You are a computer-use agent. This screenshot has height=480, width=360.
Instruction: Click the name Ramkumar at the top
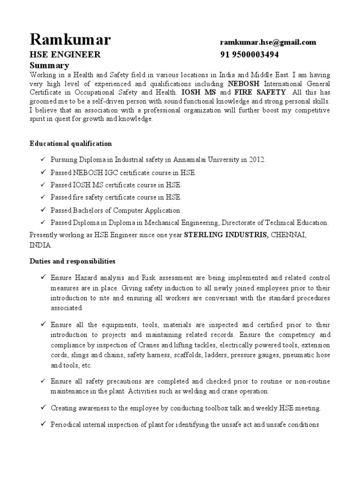(70, 40)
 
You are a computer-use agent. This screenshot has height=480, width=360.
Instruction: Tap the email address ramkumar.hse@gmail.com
(268, 42)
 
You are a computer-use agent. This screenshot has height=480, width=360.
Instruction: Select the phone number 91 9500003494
(249, 55)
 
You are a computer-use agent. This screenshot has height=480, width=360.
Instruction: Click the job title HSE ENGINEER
(65, 55)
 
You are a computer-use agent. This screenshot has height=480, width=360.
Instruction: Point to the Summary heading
(49, 65)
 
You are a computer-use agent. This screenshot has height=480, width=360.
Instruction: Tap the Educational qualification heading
(70, 143)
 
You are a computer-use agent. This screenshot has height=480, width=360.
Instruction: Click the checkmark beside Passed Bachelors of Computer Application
(43, 210)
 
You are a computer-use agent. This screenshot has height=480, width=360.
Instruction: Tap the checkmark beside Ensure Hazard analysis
(43, 277)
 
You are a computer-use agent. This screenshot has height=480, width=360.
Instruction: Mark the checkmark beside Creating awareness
(43, 408)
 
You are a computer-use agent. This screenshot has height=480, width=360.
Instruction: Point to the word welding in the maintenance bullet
(200, 391)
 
